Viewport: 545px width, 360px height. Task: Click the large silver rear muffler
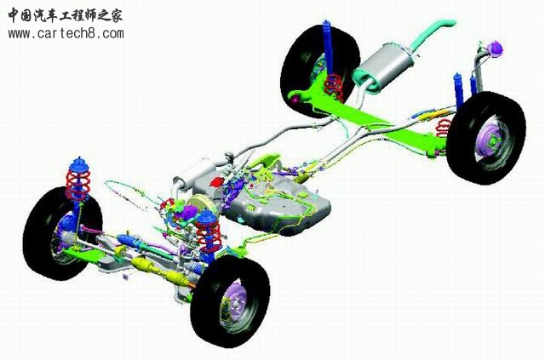click(x=384, y=67)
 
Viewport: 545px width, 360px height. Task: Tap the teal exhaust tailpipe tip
click(x=449, y=23)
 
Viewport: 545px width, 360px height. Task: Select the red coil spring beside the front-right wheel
click(x=208, y=235)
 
